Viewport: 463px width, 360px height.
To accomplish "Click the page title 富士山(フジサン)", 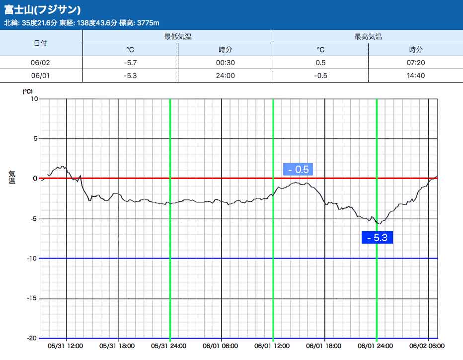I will (x=43, y=10).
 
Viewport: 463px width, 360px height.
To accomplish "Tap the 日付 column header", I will (x=41, y=43).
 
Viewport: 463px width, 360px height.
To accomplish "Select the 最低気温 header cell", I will (x=177, y=37).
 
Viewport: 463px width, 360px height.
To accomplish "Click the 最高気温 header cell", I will (x=368, y=37).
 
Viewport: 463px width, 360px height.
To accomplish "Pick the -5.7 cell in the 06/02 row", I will (x=130, y=63).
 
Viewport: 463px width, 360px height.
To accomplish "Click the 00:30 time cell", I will (x=225, y=63).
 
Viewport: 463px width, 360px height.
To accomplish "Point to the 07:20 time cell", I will (x=415, y=63).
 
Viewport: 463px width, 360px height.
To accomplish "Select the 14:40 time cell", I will (x=415, y=76).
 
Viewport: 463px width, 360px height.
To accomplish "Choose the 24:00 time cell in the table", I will (x=225, y=76).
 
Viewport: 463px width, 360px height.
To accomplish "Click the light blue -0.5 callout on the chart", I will (x=298, y=170).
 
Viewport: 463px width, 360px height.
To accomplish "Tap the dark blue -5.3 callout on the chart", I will (x=377, y=238).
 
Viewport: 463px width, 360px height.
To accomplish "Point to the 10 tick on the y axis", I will (x=35, y=98).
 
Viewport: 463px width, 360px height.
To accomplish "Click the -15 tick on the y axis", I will (x=33, y=298).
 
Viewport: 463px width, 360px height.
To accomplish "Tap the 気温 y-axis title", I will (x=12, y=177).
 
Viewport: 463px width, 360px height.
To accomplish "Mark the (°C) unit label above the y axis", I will (x=27, y=91).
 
